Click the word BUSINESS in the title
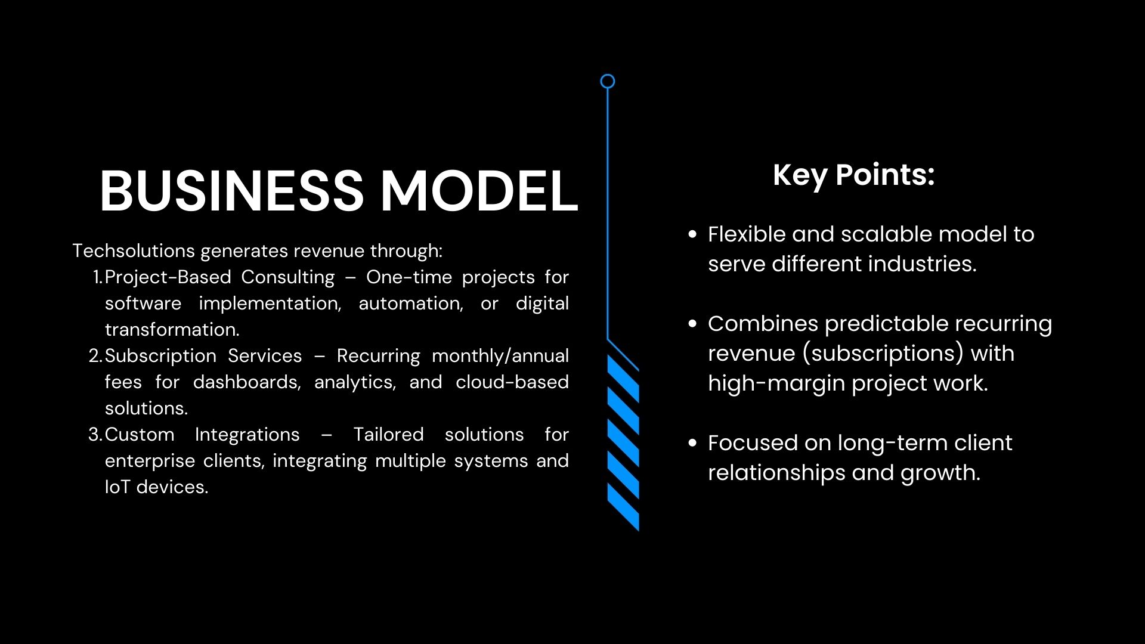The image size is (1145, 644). pyautogui.click(x=231, y=191)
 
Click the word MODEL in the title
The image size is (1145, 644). pyautogui.click(x=479, y=191)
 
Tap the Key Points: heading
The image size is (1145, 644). pyautogui.click(x=853, y=175)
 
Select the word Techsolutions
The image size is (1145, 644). pyautogui.click(x=134, y=250)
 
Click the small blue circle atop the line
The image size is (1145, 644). pyautogui.click(x=607, y=82)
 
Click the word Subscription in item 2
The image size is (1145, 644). pyautogui.click(x=160, y=356)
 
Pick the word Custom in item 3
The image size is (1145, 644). pyautogui.click(x=140, y=434)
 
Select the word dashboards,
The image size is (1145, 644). pyautogui.click(x=247, y=382)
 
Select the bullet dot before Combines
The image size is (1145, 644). pyautogui.click(x=692, y=324)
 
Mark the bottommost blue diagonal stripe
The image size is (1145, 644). pyautogui.click(x=623, y=507)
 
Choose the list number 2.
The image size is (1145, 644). pyautogui.click(x=95, y=356)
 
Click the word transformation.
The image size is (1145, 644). pyautogui.click(x=172, y=330)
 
